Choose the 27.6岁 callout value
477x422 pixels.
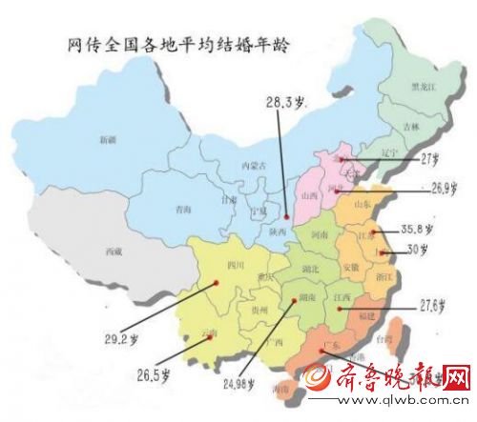tap(434, 307)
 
